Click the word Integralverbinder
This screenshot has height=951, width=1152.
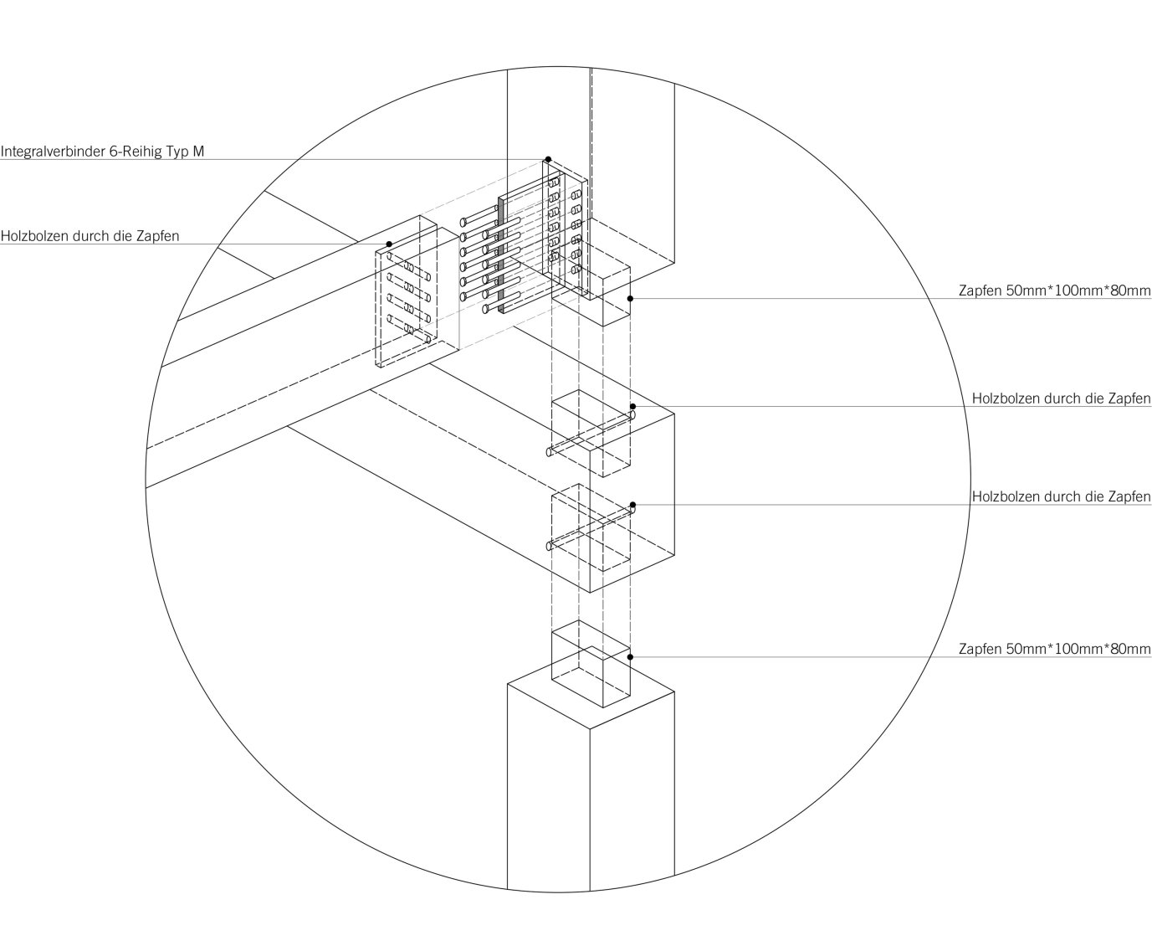[53, 152]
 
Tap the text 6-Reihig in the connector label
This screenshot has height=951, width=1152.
[136, 152]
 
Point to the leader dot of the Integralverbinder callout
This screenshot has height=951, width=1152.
[548, 158]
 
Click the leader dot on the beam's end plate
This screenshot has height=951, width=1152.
[389, 244]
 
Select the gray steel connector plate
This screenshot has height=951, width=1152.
[502, 251]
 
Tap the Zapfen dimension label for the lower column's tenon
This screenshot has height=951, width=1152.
[1054, 649]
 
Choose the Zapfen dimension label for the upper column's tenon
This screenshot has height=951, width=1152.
[1054, 291]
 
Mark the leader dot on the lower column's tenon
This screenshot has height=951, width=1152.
[630, 657]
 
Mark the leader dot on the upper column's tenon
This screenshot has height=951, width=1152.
[630, 298]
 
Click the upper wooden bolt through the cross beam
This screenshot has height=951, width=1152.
[590, 434]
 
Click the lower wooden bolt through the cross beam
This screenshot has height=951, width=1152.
[590, 527]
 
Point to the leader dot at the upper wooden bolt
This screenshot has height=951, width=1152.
[632, 406]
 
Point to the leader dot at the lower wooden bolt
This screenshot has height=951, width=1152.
[632, 505]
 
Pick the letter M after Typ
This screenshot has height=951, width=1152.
[198, 152]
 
